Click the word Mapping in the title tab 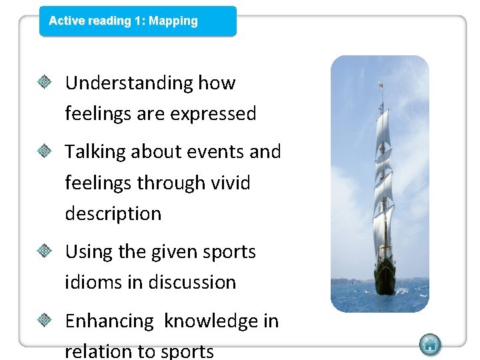(x=173, y=21)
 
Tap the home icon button (x=430, y=345)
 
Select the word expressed (x=213, y=114)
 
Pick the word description (x=113, y=214)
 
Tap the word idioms (x=93, y=283)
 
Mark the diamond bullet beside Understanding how (x=45, y=83)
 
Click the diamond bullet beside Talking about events (x=45, y=152)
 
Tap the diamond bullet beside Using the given (x=45, y=252)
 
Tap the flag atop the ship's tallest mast (x=381, y=85)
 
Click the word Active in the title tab (x=66, y=21)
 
